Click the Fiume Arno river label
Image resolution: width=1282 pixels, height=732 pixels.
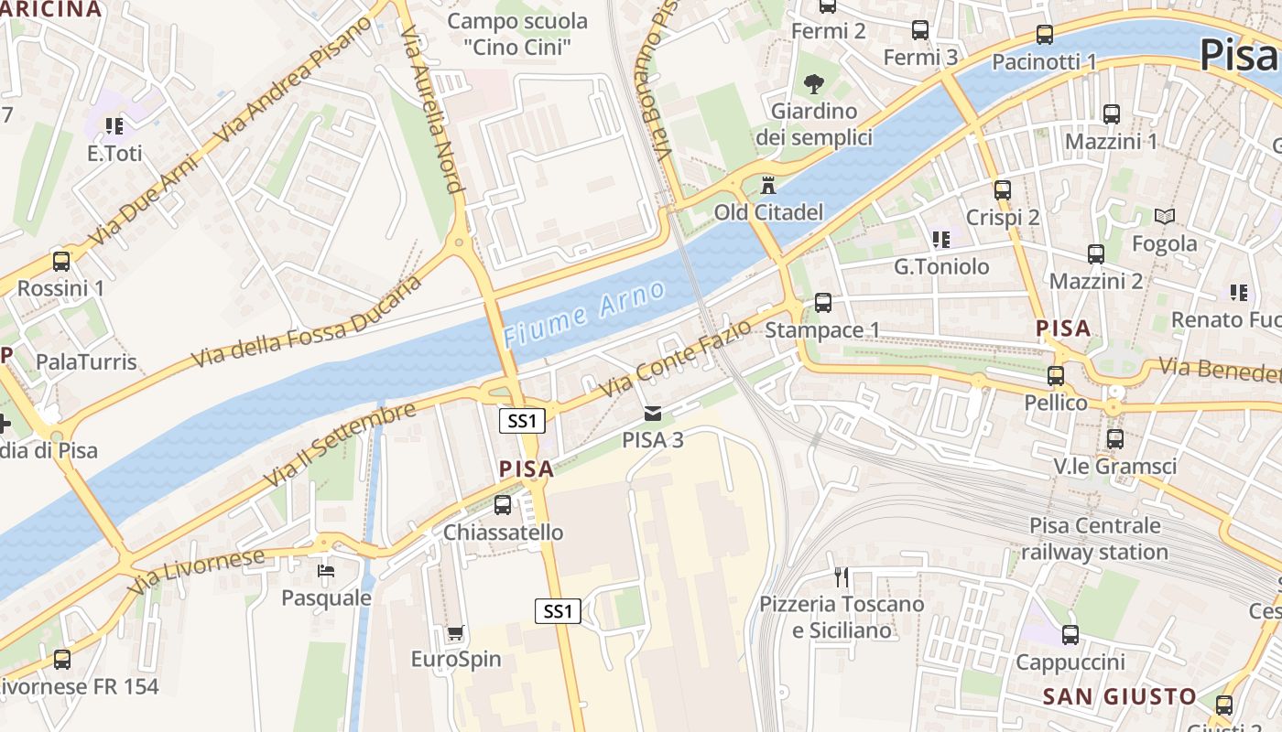click(583, 315)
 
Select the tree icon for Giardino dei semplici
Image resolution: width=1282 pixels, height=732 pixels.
click(813, 85)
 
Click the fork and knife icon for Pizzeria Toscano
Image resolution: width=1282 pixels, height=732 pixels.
click(842, 576)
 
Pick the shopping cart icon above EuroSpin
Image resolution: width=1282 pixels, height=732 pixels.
click(455, 632)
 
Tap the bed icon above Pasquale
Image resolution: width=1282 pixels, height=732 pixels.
click(326, 572)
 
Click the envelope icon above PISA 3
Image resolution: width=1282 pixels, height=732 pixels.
click(652, 414)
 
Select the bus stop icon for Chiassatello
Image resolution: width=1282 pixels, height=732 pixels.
click(502, 505)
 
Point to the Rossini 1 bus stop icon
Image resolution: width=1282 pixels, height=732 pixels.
click(61, 262)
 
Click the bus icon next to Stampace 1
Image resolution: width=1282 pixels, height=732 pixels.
click(823, 303)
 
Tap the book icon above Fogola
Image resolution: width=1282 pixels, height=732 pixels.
click(1164, 217)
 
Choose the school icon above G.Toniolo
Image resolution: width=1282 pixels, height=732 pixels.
click(940, 240)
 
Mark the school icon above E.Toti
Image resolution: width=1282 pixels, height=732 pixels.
click(114, 126)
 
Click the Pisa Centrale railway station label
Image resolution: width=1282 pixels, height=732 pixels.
click(1094, 539)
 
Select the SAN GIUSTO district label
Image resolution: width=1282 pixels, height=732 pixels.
click(1119, 696)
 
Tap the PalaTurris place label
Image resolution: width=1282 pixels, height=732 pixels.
click(86, 361)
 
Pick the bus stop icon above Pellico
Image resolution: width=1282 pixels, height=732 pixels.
click(1056, 376)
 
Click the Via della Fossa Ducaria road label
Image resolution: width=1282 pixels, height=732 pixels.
click(307, 322)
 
